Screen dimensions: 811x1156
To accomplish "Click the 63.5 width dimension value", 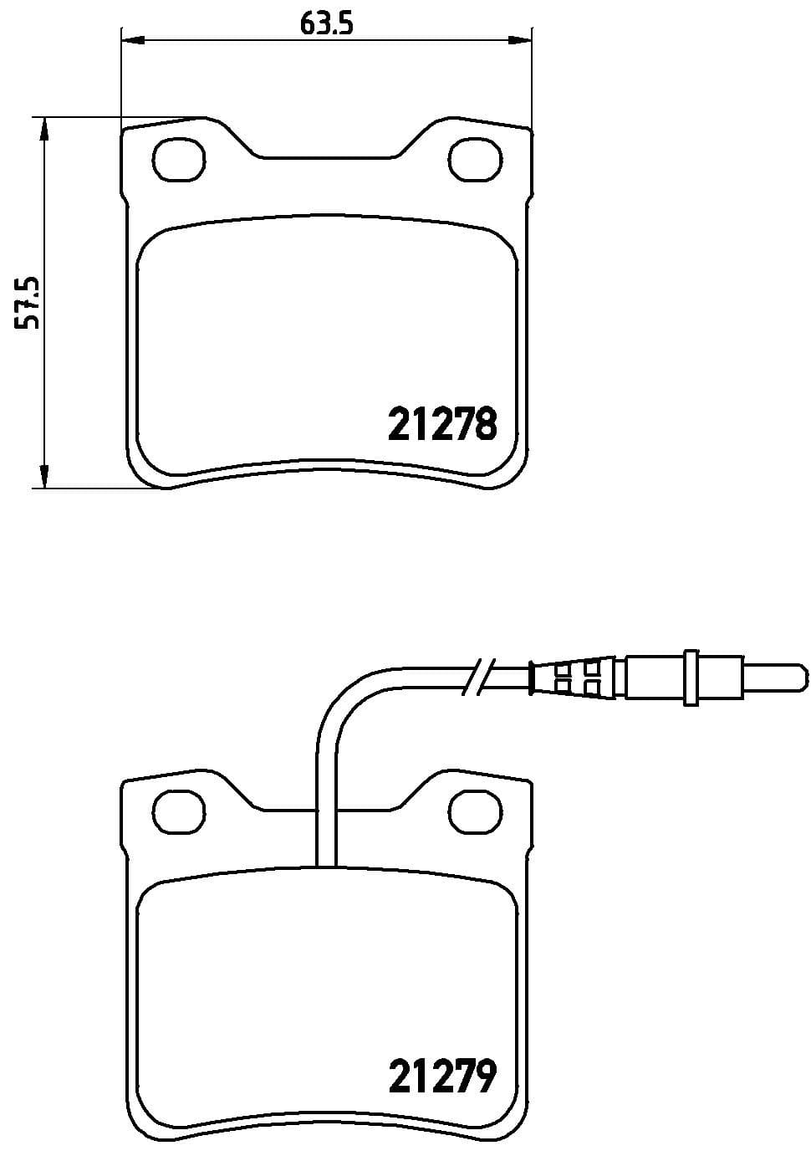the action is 327,23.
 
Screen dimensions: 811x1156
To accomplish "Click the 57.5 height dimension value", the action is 27,303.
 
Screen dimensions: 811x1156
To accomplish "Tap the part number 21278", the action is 442,423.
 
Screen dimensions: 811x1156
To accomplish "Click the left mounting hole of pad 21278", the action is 179,160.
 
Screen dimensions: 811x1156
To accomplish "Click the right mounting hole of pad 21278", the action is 475,160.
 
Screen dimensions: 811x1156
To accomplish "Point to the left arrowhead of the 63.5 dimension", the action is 133,40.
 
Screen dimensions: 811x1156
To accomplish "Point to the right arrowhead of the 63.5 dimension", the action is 519,40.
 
